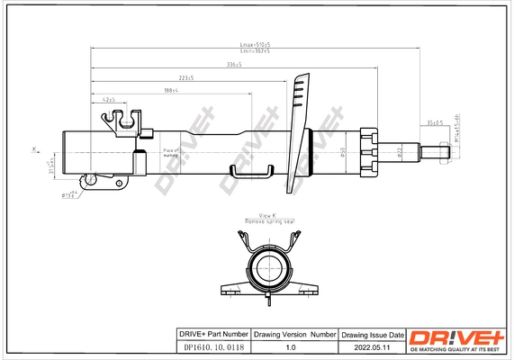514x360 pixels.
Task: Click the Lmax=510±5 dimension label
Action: tap(256, 44)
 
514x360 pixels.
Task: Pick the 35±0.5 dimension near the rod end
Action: tap(435, 121)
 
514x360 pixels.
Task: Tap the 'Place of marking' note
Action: tap(171, 153)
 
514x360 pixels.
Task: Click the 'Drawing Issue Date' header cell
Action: tap(371, 334)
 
